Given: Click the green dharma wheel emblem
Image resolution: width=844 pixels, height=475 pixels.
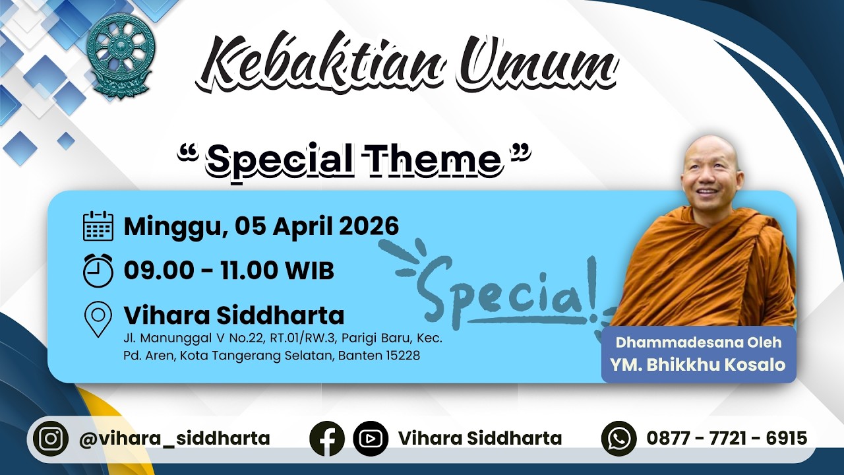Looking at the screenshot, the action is [120, 57].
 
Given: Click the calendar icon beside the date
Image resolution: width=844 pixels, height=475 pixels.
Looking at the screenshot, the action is [98, 226].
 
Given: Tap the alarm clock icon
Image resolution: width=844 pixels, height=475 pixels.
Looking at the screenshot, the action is [98, 270].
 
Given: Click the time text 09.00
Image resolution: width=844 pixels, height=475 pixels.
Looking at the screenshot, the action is [159, 270].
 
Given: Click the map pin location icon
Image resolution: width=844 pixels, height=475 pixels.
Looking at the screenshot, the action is [98, 319].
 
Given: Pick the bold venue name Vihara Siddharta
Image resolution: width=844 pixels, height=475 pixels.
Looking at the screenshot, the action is [234, 315].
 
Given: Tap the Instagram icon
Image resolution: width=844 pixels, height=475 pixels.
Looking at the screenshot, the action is [51, 439].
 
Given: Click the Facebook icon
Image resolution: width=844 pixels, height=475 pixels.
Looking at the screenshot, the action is [327, 439].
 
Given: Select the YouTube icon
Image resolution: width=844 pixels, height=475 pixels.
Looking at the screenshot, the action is [371, 439].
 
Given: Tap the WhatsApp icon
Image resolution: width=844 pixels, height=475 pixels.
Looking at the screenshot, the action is [619, 439].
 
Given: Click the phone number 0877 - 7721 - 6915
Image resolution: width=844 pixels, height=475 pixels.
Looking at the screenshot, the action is [727, 438].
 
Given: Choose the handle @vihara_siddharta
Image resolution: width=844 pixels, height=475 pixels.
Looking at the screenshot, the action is [175, 439].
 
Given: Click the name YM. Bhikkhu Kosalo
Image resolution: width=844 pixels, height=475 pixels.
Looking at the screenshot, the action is [698, 365].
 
